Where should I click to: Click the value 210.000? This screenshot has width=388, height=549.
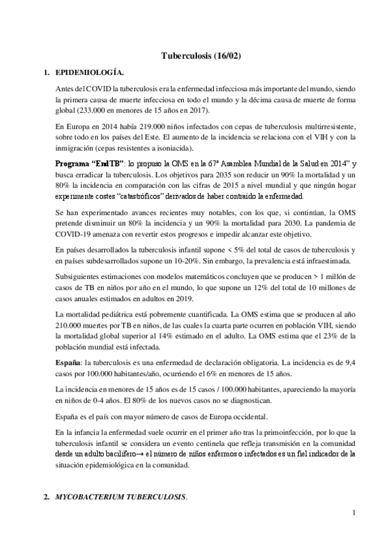pos(70,326)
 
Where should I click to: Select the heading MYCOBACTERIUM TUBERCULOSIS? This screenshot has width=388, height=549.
pos(120,498)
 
